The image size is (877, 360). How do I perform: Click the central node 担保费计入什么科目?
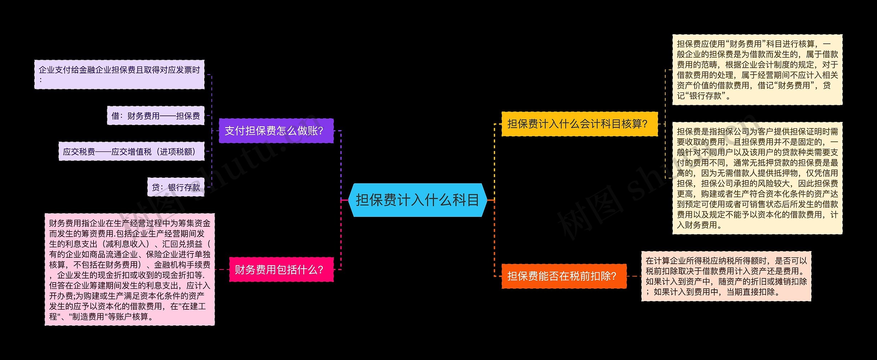click(417, 200)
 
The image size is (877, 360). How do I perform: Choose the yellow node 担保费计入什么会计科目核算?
click(579, 124)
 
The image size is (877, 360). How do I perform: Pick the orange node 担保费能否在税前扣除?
click(564, 276)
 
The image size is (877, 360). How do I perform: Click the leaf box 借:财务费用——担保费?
click(156, 116)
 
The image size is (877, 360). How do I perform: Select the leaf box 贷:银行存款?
click(176, 187)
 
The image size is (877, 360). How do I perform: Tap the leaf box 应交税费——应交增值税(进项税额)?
click(132, 152)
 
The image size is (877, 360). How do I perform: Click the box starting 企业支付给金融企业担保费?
click(119, 75)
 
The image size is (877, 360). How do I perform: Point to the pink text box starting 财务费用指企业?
click(129, 270)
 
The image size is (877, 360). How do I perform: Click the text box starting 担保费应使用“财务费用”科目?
click(757, 70)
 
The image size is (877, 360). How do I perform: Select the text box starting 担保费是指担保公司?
click(757, 178)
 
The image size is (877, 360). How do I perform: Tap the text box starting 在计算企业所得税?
click(726, 276)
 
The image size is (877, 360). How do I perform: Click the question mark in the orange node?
click(613, 276)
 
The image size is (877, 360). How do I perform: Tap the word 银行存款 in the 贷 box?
click(184, 187)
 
